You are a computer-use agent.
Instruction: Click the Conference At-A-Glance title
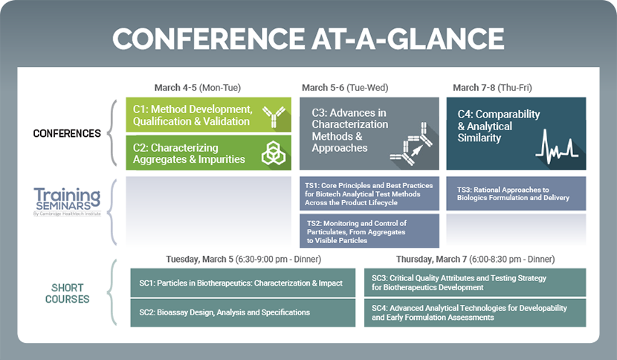click(x=308, y=39)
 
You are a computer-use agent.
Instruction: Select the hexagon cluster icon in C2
click(x=274, y=152)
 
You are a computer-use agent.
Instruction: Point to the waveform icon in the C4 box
click(x=557, y=147)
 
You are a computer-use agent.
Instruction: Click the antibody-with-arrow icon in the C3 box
click(x=411, y=144)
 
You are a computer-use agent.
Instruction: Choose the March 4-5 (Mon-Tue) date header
click(x=198, y=88)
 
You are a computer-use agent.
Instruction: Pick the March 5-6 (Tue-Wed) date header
click(x=345, y=88)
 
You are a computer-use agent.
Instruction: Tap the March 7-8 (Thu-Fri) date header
click(x=492, y=88)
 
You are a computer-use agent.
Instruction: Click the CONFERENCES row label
click(x=67, y=134)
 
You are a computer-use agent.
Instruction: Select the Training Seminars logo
click(x=68, y=202)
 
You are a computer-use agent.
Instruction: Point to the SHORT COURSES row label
click(x=68, y=294)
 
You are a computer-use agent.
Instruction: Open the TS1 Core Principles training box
click(x=369, y=194)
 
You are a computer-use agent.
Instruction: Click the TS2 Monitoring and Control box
click(x=369, y=231)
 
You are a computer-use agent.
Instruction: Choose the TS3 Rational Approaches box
click(x=516, y=193)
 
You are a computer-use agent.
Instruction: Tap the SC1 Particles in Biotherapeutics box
click(x=243, y=283)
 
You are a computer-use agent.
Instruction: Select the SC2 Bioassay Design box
click(x=243, y=312)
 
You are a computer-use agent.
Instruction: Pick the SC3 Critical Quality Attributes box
click(x=475, y=283)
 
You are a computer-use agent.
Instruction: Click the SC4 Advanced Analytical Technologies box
click(x=475, y=312)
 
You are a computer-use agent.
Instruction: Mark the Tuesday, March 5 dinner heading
click(x=244, y=259)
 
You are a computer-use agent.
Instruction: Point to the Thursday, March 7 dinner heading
click(x=475, y=259)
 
